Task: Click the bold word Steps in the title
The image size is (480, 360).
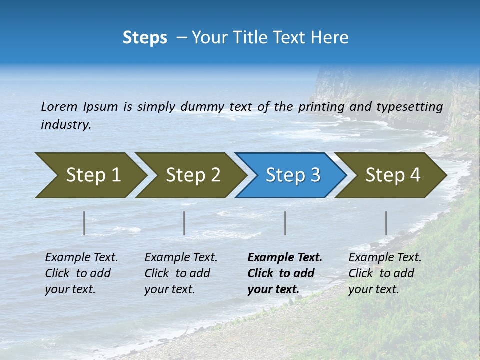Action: (x=145, y=38)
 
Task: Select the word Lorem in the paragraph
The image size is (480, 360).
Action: (x=59, y=107)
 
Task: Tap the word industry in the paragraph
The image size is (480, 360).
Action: (x=66, y=125)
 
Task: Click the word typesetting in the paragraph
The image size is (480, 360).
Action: (x=409, y=107)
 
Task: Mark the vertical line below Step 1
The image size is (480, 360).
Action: (x=84, y=223)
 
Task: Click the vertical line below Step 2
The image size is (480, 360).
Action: (x=184, y=223)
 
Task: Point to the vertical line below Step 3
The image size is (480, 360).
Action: (x=285, y=223)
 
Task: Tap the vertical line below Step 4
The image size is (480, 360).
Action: (x=386, y=223)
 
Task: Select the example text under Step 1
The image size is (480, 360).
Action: (x=81, y=273)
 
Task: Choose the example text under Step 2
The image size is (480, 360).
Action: (x=181, y=273)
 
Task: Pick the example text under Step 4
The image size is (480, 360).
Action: (x=385, y=273)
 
